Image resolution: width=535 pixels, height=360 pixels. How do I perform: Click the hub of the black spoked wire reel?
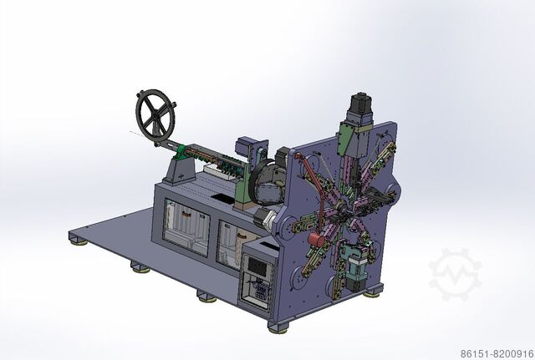(155, 118)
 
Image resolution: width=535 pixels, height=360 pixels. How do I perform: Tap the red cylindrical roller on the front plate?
(316, 240)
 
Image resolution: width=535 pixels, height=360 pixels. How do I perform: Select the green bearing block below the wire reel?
(181, 152)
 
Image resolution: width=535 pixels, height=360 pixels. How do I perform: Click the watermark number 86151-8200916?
(497, 354)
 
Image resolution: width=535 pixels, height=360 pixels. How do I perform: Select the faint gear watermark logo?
(455, 274)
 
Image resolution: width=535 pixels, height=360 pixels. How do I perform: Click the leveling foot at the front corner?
(278, 328)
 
